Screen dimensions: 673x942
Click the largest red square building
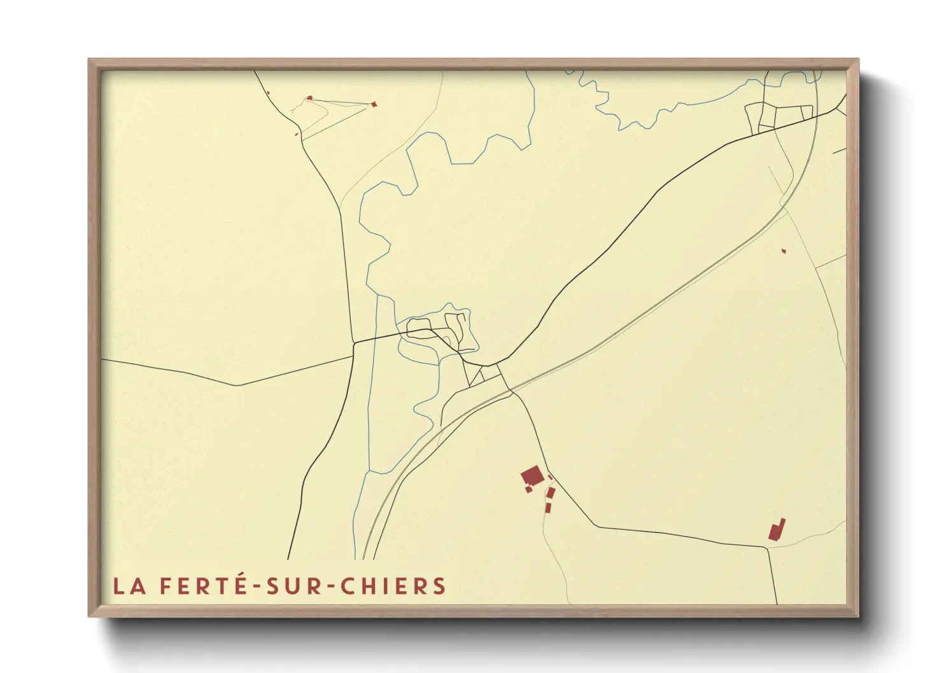click(531, 476)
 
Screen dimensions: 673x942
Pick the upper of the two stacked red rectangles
click(551, 493)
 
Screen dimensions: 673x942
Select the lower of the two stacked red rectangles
click(547, 507)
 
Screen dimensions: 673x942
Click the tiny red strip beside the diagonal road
click(550, 476)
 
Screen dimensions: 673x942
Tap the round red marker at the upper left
click(310, 98)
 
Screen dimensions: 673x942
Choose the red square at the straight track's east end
click(375, 104)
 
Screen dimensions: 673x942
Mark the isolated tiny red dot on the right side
click(784, 251)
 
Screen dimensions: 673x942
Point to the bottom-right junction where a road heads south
click(768, 546)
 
